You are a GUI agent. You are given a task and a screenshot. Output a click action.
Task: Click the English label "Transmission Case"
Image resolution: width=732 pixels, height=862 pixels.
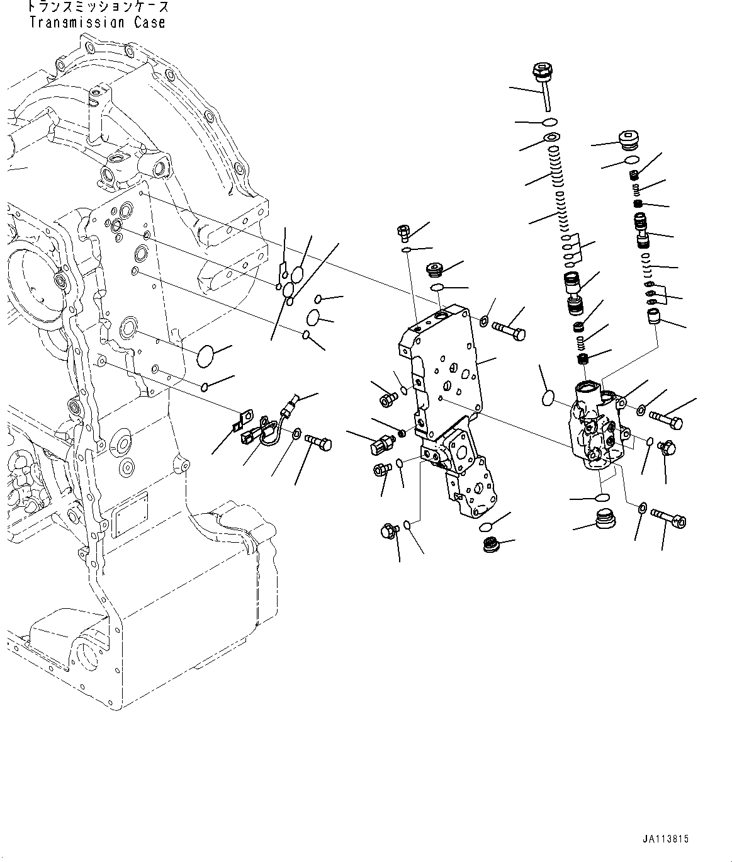[x=97, y=23]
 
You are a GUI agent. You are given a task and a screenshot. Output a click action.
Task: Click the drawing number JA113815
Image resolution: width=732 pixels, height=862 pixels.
[x=665, y=839]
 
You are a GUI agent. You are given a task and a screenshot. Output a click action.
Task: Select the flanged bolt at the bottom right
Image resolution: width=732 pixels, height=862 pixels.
[x=669, y=517]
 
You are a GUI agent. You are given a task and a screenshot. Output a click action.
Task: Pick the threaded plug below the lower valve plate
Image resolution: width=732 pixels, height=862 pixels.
[x=492, y=545]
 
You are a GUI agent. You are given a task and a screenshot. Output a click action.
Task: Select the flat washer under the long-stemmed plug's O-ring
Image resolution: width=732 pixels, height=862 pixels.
[x=551, y=138]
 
